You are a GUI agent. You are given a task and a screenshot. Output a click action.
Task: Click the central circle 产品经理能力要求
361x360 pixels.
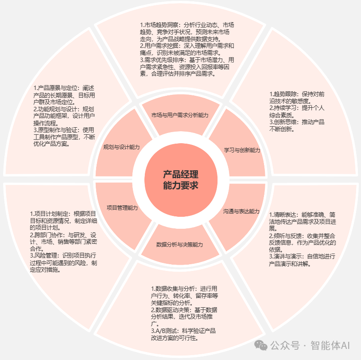click(x=180, y=180)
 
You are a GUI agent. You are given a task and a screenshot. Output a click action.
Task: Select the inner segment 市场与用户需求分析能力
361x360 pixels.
click(x=180, y=115)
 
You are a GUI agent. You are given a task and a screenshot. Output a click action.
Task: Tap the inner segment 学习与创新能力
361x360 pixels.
click(x=241, y=150)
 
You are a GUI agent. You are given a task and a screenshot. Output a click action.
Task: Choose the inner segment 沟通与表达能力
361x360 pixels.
click(x=241, y=211)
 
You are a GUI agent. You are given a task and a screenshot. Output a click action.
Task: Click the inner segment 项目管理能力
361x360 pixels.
click(x=122, y=207)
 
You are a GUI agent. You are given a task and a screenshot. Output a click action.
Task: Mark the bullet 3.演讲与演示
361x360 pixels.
click(x=302, y=260)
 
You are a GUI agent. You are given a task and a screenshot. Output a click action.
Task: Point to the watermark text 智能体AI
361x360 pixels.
click(x=330, y=345)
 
